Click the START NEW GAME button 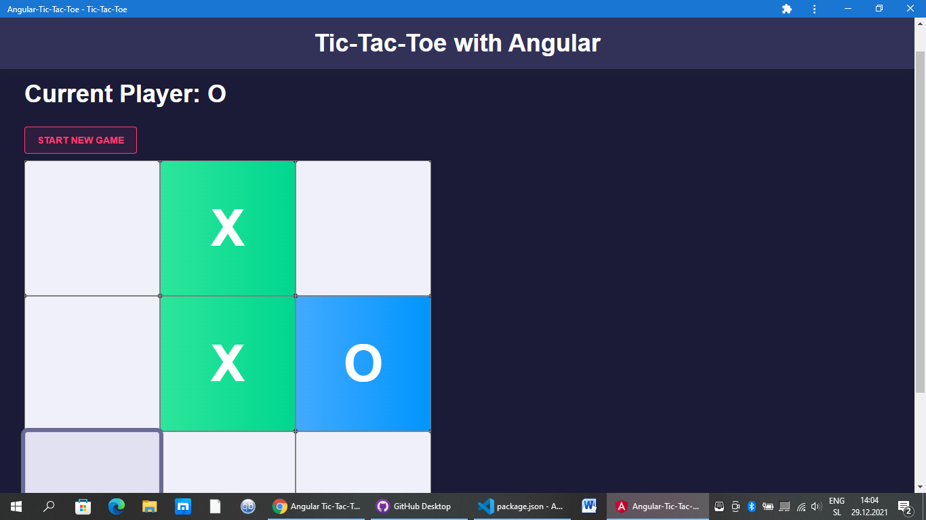pos(81,140)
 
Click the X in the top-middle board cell pos(228,227)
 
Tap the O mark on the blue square pos(363,363)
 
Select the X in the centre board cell pos(228,363)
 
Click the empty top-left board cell pos(92,228)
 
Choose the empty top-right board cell pos(363,228)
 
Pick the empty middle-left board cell pos(92,363)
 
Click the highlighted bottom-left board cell pos(92,462)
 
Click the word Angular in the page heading pos(554,43)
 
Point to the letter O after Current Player pos(217,93)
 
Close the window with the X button pos(910,9)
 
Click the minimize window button pos(848,9)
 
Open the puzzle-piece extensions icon pos(786,9)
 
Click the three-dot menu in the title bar pos(814,9)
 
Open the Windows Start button pos(16,506)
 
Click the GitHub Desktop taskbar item pos(414,506)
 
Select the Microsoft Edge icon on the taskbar pos(116,506)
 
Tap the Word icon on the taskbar pos(589,506)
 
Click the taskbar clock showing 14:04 pos(869,500)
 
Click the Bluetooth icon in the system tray pos(752,506)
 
